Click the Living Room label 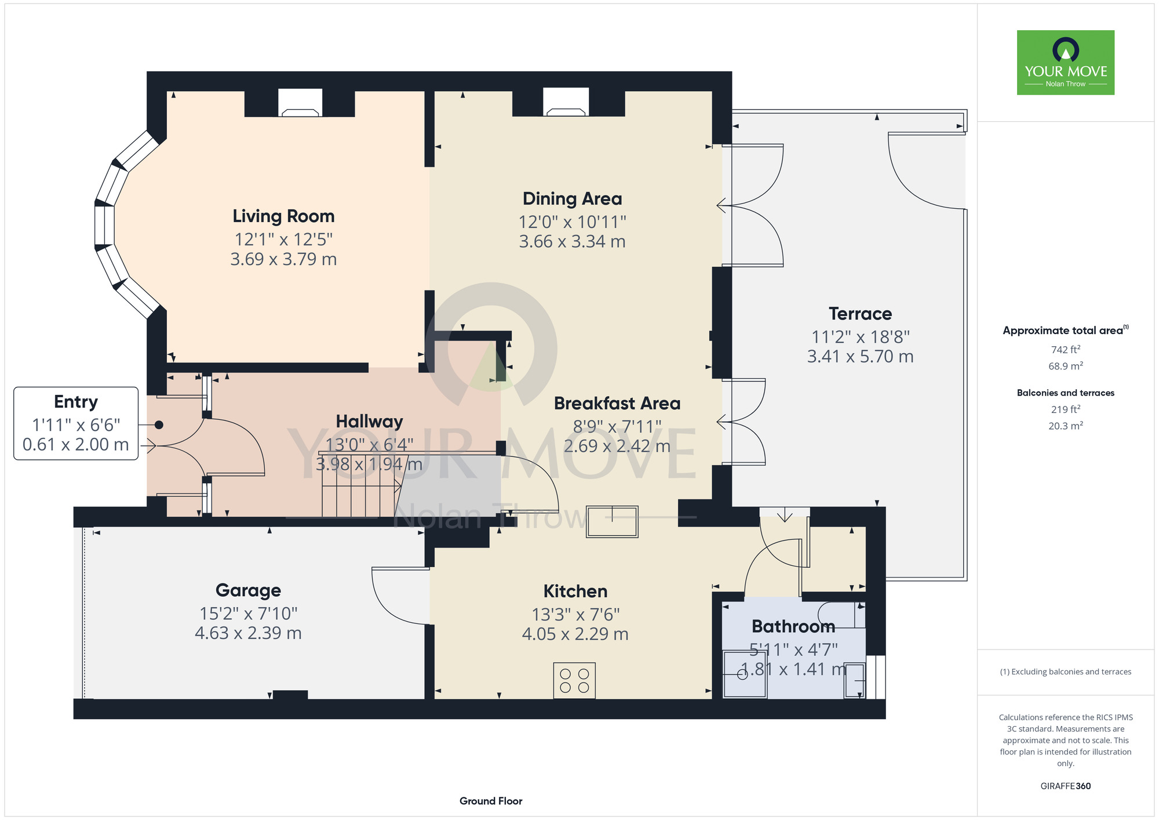point(283,216)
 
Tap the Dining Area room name point(572,199)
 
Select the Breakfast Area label point(617,403)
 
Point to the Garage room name point(248,590)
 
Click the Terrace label point(860,314)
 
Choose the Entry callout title point(76,402)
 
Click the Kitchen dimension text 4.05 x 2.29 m point(575,634)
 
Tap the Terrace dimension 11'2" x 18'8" point(860,336)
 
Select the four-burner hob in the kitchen point(574,680)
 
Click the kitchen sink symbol point(612,521)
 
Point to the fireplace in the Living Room point(300,103)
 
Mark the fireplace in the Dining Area point(566,102)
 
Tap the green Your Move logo point(1066,63)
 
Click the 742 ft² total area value point(1066,350)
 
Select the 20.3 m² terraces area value point(1066,426)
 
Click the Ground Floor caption point(491,801)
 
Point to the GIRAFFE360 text point(1066,786)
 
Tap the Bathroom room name point(793,626)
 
